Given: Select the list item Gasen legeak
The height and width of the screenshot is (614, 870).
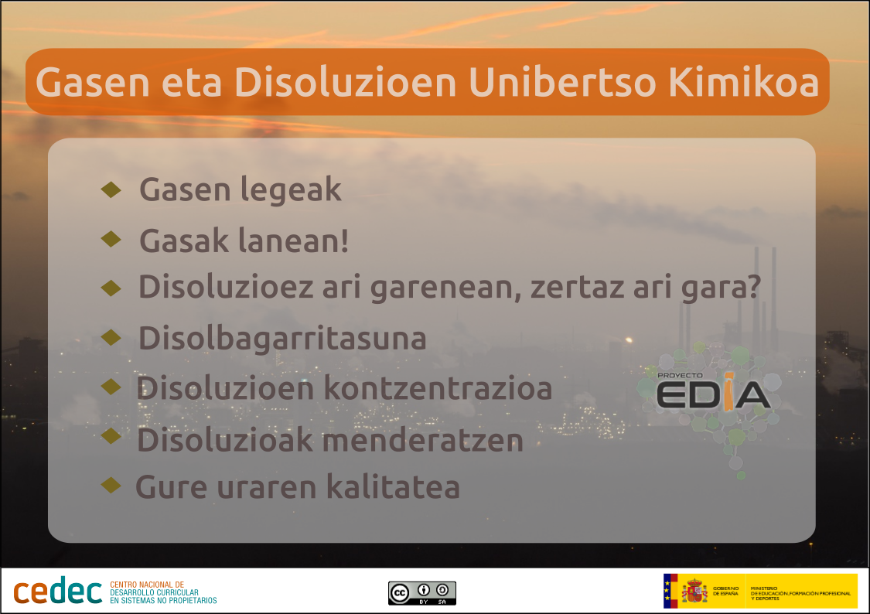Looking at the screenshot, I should tap(240, 189).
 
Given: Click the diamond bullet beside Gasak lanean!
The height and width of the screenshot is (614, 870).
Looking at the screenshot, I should tap(111, 239).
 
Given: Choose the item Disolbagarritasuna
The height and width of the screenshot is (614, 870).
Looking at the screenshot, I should tap(282, 339).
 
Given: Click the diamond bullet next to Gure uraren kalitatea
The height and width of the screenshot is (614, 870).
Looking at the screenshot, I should tap(111, 485).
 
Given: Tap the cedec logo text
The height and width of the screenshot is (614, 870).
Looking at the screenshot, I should tap(57, 592).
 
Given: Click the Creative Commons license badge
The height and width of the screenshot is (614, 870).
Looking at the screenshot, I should tap(422, 592).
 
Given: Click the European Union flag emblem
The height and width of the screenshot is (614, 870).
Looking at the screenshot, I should tap(670, 592).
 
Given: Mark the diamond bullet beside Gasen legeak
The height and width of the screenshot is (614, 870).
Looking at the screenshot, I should tap(111, 188).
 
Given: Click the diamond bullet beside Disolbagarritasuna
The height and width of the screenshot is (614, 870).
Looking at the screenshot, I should tap(111, 336).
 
